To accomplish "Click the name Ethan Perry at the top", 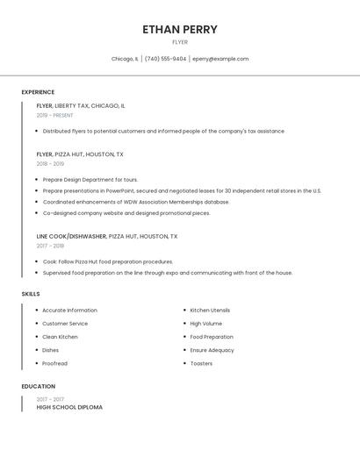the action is tap(180, 29).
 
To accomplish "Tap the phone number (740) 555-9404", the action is tap(165, 59).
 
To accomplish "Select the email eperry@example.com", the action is tap(220, 59).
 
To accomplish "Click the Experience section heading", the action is tap(38, 92).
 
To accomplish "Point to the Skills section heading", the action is tap(31, 294).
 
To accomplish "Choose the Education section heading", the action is tap(38, 386).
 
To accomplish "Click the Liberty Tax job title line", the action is tap(81, 105).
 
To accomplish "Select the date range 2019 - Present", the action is tap(54, 115).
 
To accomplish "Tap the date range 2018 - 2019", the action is tap(50, 163).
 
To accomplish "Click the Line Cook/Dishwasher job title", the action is tap(106, 236).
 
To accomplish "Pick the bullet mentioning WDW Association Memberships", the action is tap(136, 202).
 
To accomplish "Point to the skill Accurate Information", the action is tap(69, 311).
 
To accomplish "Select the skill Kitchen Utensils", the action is tap(210, 311).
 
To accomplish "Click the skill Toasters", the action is tap(201, 363).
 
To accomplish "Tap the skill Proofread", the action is tap(54, 363).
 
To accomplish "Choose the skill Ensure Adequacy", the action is tap(212, 350).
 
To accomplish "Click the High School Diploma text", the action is tap(69, 407).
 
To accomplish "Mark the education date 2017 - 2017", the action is tap(50, 399).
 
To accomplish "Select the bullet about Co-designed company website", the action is tap(126, 212).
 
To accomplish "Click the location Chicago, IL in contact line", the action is tap(125, 59).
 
